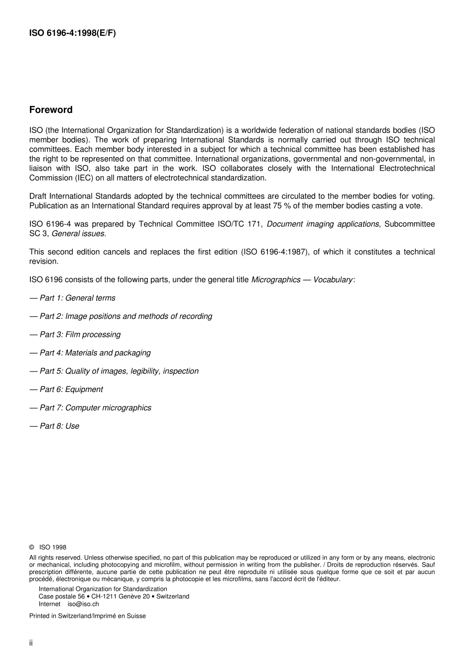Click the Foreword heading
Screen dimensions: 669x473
[x=51, y=110]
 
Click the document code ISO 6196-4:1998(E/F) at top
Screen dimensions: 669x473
[x=73, y=34]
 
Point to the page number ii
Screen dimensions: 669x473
[x=31, y=643]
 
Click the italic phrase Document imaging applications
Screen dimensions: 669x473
[x=323, y=224]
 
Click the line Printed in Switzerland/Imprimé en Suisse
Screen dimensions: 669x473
[x=88, y=616]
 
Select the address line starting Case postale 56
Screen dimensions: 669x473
[x=114, y=596]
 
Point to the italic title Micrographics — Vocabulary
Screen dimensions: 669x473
[x=302, y=280]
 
